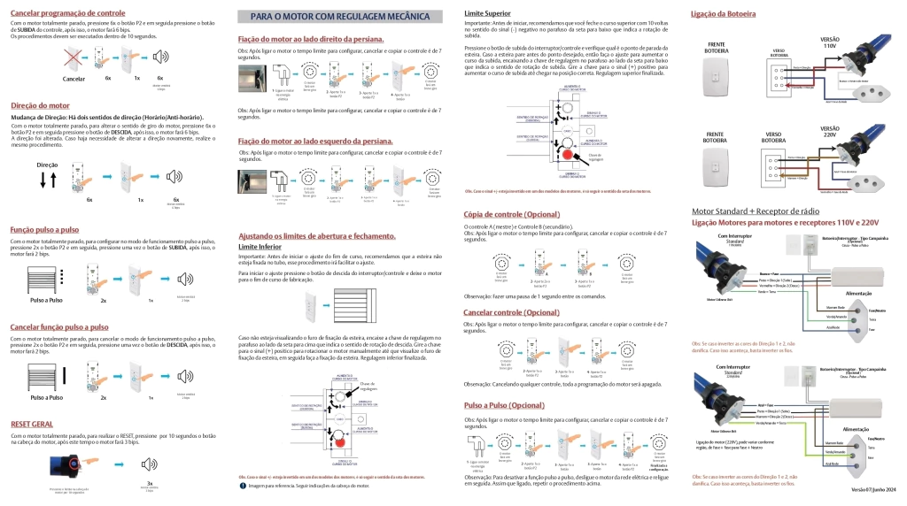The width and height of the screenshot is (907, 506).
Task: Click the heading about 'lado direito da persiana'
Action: click(311, 40)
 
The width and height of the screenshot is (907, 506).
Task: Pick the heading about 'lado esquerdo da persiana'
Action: click(315, 141)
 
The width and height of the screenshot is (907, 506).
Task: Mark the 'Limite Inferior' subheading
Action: click(262, 247)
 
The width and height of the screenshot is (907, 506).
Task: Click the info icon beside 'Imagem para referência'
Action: click(243, 486)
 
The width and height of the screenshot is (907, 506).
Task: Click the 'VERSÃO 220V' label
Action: click(830, 133)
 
